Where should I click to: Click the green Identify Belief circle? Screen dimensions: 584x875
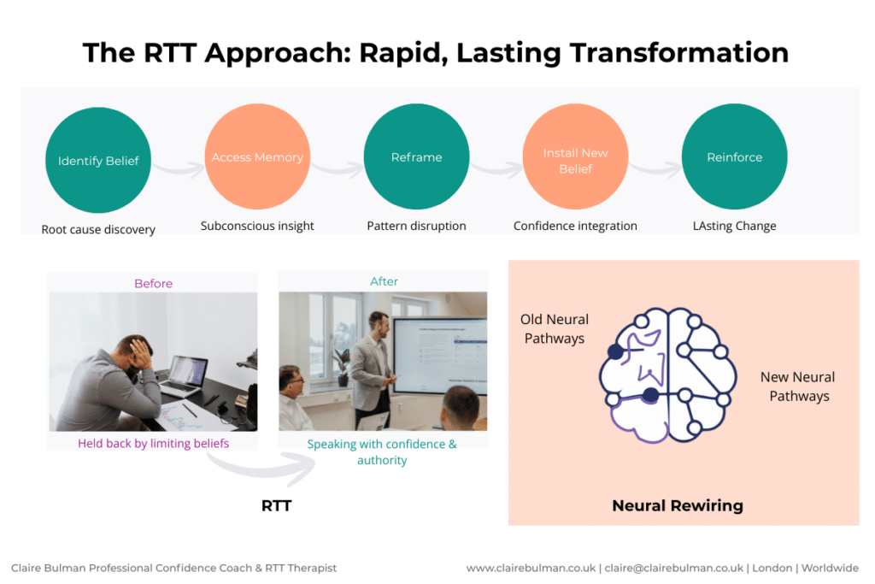[98, 160]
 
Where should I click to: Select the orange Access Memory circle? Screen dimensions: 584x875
[257, 157]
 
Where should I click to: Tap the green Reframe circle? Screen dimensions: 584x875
[416, 157]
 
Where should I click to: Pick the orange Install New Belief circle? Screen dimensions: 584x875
[575, 160]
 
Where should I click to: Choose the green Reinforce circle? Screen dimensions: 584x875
[734, 157]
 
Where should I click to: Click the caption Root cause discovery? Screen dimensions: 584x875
[98, 229]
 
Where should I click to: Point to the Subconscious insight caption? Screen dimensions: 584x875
[257, 226]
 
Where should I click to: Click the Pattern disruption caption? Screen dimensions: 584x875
[416, 226]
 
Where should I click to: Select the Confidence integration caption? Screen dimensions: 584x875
[575, 226]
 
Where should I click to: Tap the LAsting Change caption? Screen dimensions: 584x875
[734, 226]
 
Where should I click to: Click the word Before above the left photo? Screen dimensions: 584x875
[153, 283]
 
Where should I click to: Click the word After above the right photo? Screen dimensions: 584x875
[384, 281]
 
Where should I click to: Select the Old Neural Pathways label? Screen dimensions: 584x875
[554, 328]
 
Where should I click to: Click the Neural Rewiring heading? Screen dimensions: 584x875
[677, 505]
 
